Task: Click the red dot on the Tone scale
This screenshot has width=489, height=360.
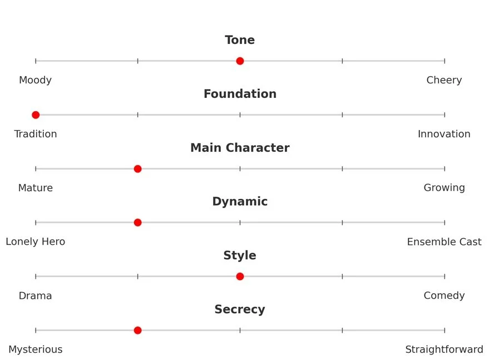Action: pos(240,61)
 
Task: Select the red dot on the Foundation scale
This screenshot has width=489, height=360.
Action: pos(36,115)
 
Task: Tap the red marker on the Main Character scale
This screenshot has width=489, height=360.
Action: pos(138,169)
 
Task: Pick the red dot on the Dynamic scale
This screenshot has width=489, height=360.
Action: pos(138,223)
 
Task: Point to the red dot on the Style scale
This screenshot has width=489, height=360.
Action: pos(240,277)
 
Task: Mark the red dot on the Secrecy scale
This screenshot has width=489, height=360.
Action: pos(138,331)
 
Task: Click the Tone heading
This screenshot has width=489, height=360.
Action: pos(240,40)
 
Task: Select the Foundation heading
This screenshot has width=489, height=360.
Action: pos(240,94)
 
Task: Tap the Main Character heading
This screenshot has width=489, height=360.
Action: pos(240,148)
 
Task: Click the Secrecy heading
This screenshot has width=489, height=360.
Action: pos(240,309)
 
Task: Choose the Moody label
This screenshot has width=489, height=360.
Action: pos(35,80)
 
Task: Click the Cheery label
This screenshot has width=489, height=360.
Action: pos(444,80)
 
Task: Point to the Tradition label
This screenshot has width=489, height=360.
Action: pos(36,134)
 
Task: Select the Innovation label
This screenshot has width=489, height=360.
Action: pos(444,134)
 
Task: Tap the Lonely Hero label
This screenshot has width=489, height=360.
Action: pos(36,242)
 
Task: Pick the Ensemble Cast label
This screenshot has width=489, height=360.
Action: pos(444,242)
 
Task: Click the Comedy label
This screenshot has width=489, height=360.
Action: pos(444,295)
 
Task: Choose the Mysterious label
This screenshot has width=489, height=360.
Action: pos(36,349)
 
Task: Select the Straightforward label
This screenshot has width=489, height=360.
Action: pos(444,349)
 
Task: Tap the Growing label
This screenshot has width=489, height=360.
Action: pos(444,188)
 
